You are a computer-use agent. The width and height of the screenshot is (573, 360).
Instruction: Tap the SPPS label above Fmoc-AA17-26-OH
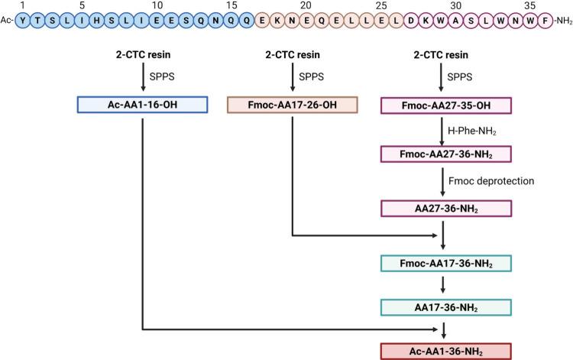tap(310, 77)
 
